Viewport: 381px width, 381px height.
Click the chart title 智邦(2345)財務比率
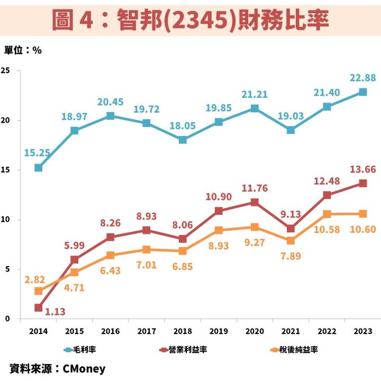pos(190,20)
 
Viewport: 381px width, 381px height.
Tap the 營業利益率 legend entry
pos(185,350)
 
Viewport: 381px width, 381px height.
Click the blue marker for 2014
pos(39,168)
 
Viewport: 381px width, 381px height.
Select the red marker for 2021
pos(291,229)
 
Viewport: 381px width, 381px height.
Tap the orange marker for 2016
pos(111,255)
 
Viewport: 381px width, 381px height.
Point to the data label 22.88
pos(362,78)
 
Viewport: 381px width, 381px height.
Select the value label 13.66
pos(362,169)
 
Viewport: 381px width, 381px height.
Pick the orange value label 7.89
pos(291,257)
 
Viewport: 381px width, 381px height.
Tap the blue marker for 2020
pos(255,108)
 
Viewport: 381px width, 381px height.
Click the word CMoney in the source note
pos(84,369)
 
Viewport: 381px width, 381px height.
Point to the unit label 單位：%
pos(23,50)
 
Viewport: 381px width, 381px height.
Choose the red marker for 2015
pos(75,259)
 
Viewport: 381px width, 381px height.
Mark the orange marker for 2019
pos(219,230)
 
